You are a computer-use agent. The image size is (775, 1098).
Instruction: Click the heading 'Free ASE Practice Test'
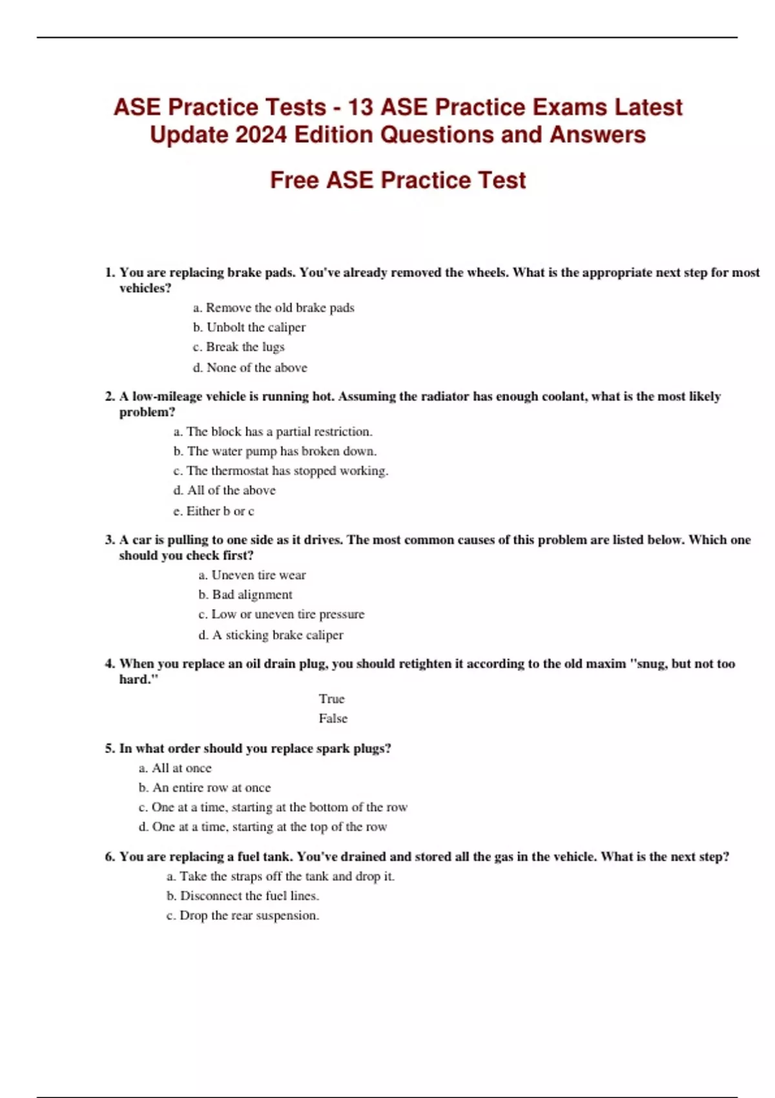(397, 180)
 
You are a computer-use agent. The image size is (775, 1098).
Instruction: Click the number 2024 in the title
(262, 135)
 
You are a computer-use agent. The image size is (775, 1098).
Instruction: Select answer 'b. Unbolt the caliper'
(249, 327)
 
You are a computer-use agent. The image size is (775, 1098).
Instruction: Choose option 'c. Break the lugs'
(238, 347)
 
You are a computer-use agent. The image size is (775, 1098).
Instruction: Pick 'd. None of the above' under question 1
(250, 368)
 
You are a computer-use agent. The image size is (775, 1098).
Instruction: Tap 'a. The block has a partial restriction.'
(273, 431)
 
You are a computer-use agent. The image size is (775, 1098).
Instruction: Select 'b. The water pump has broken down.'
(274, 451)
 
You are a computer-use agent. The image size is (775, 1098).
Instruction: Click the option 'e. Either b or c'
(213, 511)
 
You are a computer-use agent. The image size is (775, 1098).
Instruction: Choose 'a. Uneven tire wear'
(252, 575)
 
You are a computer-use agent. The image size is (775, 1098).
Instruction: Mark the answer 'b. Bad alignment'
(245, 594)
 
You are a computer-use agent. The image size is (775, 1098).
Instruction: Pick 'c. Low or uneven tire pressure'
(281, 614)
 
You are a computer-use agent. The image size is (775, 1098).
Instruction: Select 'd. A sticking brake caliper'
(271, 635)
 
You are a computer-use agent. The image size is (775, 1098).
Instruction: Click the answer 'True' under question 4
(331, 699)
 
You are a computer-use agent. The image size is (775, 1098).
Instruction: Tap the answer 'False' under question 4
(333, 718)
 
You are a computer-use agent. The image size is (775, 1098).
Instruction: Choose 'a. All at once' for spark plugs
(175, 768)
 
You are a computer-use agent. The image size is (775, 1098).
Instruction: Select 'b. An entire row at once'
(205, 787)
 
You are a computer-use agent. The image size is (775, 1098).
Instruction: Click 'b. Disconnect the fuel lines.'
(243, 896)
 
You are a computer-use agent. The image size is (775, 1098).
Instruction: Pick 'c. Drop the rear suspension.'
(243, 915)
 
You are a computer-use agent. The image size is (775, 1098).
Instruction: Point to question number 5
(110, 749)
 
